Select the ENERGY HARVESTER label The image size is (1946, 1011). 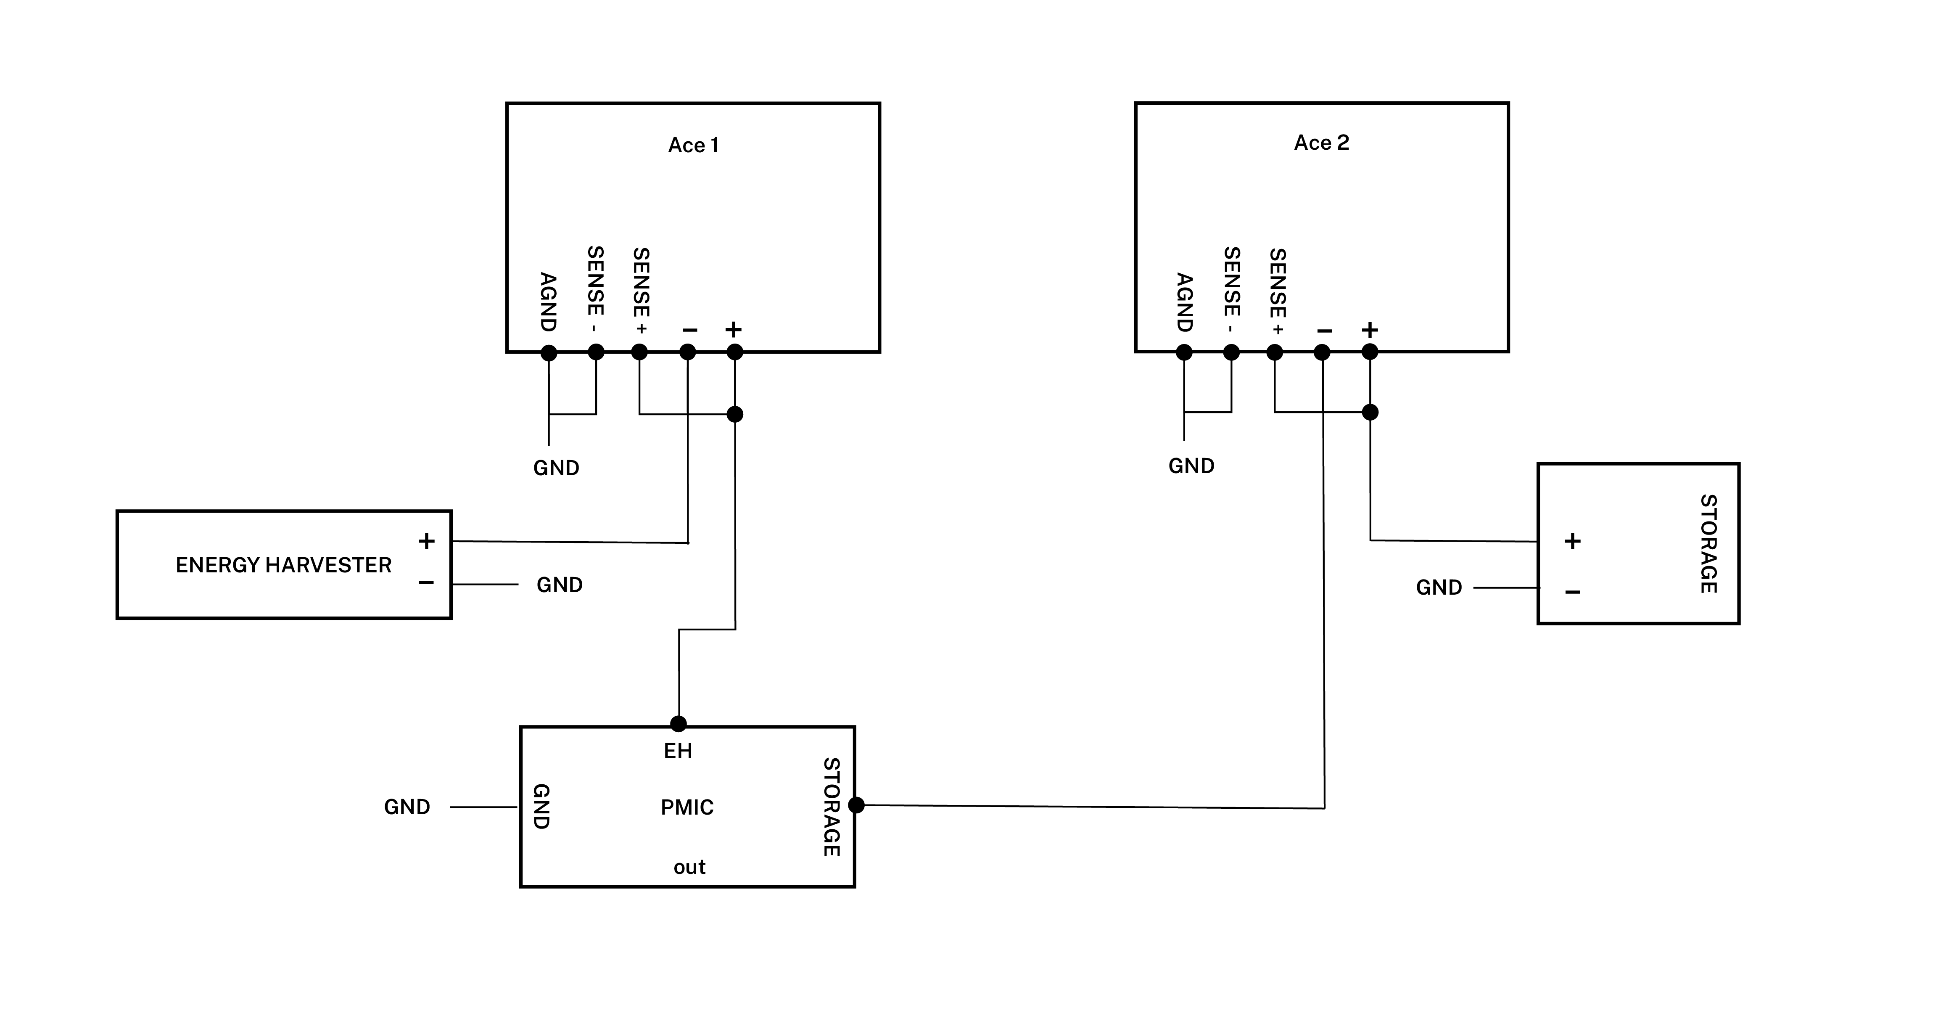[283, 565]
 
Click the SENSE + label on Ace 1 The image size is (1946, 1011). [641, 291]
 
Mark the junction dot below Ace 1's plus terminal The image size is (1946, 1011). [734, 414]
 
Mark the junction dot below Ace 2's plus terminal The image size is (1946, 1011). [1370, 412]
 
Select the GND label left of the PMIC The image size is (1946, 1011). [407, 807]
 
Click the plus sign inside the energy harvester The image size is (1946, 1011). [426, 541]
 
